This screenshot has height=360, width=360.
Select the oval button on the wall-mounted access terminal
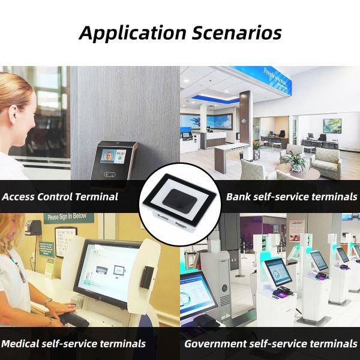point(110,175)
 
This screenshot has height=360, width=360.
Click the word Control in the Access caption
point(64,197)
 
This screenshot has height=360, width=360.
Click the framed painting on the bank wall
point(332,125)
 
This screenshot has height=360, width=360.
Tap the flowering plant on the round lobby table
point(295,160)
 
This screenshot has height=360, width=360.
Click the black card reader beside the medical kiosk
point(147,276)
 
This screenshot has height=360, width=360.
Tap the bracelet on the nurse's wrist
point(47,302)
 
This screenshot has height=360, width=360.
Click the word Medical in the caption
point(23,344)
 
